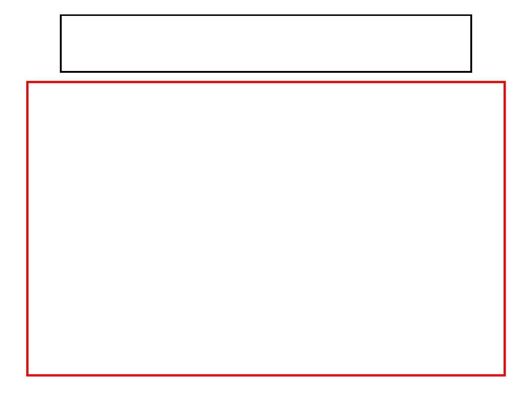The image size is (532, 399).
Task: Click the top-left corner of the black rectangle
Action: pyautogui.click(x=61, y=16)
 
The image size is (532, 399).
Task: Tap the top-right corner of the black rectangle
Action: pyautogui.click(x=471, y=16)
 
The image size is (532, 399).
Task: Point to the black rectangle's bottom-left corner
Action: pyautogui.click(x=61, y=71)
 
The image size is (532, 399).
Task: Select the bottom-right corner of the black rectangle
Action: pyautogui.click(x=471, y=71)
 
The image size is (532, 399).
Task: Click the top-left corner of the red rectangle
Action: pyautogui.click(x=28, y=82)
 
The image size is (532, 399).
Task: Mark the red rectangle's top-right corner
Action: pyautogui.click(x=504, y=82)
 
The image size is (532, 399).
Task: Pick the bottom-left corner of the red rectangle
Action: pyautogui.click(x=28, y=375)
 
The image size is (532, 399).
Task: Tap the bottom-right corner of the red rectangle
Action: pyautogui.click(x=504, y=375)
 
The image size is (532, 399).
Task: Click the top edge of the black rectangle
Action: pyautogui.click(x=266, y=16)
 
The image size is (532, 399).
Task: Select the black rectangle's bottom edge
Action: pyautogui.click(x=266, y=71)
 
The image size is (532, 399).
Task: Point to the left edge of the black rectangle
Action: pyautogui.click(x=61, y=44)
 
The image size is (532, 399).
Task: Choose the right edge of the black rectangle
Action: pyautogui.click(x=471, y=44)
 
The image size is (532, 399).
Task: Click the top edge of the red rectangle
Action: pyautogui.click(x=266, y=82)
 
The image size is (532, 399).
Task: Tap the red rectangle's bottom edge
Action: pyautogui.click(x=266, y=375)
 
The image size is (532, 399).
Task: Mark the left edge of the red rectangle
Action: pyautogui.click(x=28, y=229)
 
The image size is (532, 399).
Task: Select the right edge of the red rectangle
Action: pyautogui.click(x=504, y=229)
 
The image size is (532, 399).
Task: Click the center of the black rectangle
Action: pyautogui.click(x=266, y=44)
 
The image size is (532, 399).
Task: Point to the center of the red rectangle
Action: pyautogui.click(x=266, y=229)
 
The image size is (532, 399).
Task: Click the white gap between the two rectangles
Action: pyautogui.click(x=266, y=77)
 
